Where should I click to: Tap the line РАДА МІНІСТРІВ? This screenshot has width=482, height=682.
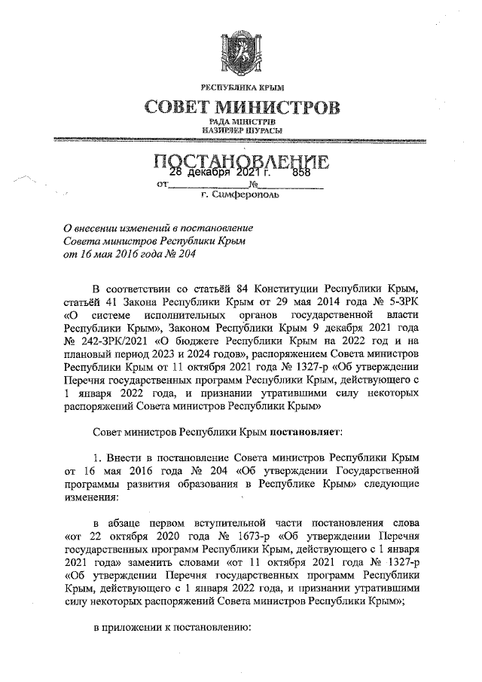click(241, 122)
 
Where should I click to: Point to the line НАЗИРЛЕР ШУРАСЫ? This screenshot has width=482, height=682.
click(241, 131)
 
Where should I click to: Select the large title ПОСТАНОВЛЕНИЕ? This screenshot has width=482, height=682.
click(241, 162)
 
